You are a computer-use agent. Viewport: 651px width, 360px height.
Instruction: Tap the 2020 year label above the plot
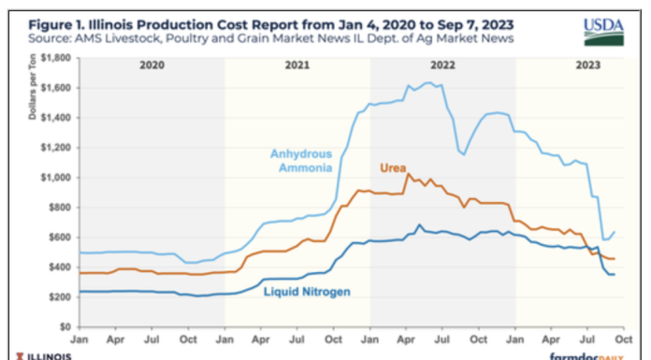click(152, 66)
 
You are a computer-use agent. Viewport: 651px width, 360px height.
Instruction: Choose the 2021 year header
click(297, 66)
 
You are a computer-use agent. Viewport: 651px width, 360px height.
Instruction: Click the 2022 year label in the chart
click(442, 66)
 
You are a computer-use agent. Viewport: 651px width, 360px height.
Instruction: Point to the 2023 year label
click(587, 66)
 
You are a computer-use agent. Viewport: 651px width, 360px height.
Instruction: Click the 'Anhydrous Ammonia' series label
click(302, 160)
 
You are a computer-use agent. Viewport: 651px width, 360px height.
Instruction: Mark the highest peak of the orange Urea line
click(408, 174)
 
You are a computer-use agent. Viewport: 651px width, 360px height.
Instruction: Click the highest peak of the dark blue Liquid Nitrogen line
click(419, 225)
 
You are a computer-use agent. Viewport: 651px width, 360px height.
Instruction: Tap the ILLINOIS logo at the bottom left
click(37, 355)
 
